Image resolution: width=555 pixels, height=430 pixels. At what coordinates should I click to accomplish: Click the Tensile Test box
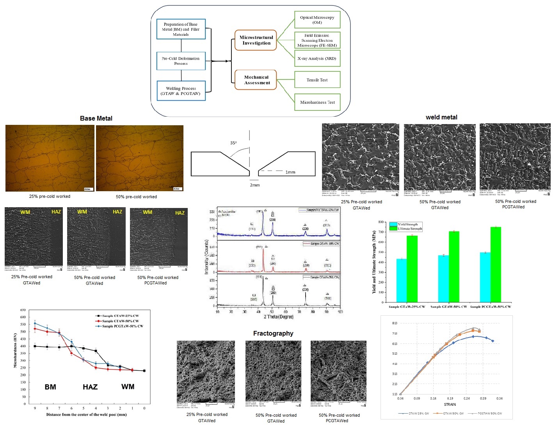point(317,80)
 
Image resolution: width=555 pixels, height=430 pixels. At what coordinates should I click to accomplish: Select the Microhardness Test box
point(317,102)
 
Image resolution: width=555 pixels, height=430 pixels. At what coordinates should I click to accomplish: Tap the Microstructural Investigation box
point(256,40)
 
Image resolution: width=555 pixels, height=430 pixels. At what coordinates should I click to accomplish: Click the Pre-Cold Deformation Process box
point(181,61)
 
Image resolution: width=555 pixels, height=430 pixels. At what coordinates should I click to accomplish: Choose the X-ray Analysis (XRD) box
point(317,59)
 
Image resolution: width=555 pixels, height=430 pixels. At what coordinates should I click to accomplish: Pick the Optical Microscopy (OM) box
point(317,20)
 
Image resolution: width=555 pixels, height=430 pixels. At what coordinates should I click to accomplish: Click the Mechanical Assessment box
point(256,80)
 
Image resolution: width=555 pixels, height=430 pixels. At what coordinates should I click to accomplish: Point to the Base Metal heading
point(96,118)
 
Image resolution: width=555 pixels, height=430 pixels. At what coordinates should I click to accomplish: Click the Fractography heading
point(273,333)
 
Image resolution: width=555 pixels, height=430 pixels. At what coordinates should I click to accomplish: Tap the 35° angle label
point(233,143)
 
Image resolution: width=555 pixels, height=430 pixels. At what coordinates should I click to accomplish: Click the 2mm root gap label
point(255,185)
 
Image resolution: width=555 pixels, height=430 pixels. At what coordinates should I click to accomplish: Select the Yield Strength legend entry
point(407,224)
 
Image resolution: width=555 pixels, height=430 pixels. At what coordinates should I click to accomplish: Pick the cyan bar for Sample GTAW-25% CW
point(401,280)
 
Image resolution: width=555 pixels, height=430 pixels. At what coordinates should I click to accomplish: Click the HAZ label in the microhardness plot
point(90,387)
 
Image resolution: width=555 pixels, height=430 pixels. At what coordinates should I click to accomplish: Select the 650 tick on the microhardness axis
point(23,310)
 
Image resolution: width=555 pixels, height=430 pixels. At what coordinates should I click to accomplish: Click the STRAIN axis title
point(450,404)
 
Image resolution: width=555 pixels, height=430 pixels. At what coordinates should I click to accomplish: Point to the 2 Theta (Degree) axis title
point(279,316)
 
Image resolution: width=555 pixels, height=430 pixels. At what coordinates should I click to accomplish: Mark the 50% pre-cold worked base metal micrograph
point(140,158)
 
